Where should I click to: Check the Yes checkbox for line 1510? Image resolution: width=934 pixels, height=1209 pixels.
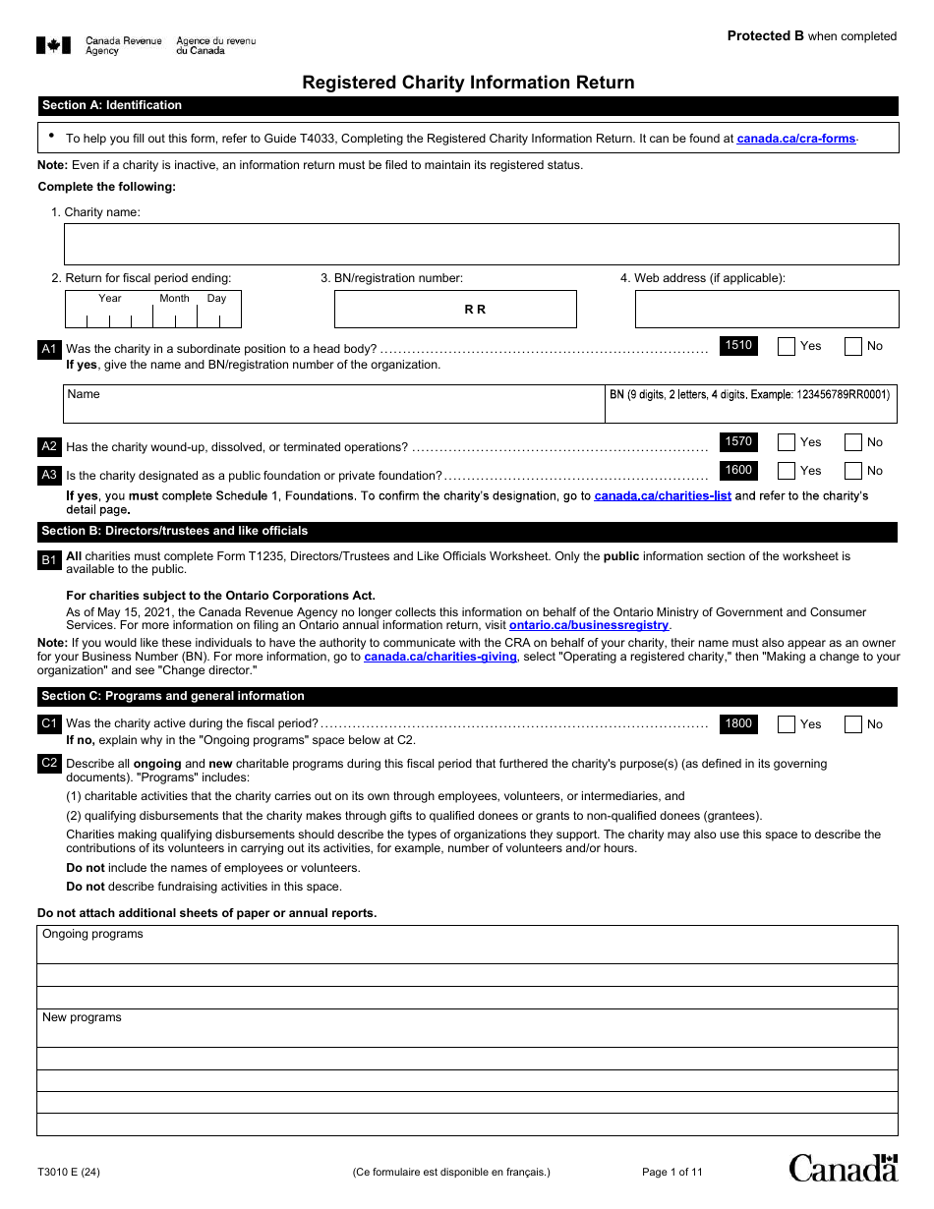coord(787,346)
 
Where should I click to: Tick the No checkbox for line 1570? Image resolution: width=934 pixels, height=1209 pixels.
coord(853,442)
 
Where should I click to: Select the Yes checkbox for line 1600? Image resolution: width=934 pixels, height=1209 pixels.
coord(787,471)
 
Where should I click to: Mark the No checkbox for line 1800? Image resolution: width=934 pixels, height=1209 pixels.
coord(853,724)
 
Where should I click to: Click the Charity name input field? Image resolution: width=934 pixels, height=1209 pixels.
coord(481,244)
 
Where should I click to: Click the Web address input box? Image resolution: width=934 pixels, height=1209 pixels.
coord(766,310)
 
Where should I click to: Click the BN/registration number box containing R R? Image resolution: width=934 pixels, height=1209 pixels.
coord(455,310)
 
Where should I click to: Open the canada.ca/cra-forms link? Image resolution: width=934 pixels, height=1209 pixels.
coord(796,139)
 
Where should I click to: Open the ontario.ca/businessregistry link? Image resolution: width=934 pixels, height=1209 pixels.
coord(589,625)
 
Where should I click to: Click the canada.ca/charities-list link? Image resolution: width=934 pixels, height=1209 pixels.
coord(663,496)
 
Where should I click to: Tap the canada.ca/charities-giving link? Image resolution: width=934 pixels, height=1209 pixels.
coord(440,657)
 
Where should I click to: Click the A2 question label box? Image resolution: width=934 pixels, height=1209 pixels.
coord(49,446)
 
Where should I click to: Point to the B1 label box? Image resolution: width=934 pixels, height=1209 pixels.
coord(49,560)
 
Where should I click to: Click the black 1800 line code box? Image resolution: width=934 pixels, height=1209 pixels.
coord(738,723)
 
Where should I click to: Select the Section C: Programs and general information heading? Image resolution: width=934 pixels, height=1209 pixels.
coord(173,696)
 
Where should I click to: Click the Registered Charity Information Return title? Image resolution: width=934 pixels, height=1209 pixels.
coord(468,83)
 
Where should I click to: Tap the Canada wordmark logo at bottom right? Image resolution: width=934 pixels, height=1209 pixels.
coord(844,1168)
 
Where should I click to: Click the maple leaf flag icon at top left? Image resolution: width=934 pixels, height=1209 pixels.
coord(53,45)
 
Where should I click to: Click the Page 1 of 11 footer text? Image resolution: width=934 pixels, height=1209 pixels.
coord(671,1172)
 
